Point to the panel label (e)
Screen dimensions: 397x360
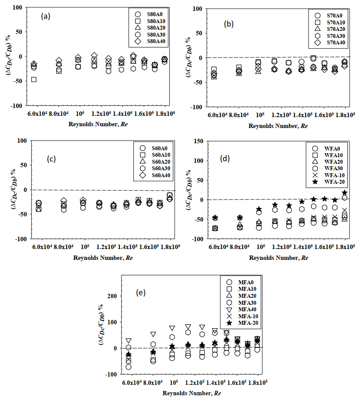[x=141, y=293]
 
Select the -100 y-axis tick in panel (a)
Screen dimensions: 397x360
[x=17, y=106]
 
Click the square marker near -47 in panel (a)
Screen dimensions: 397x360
[x=34, y=80]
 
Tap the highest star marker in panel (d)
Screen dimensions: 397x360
[x=344, y=193]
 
